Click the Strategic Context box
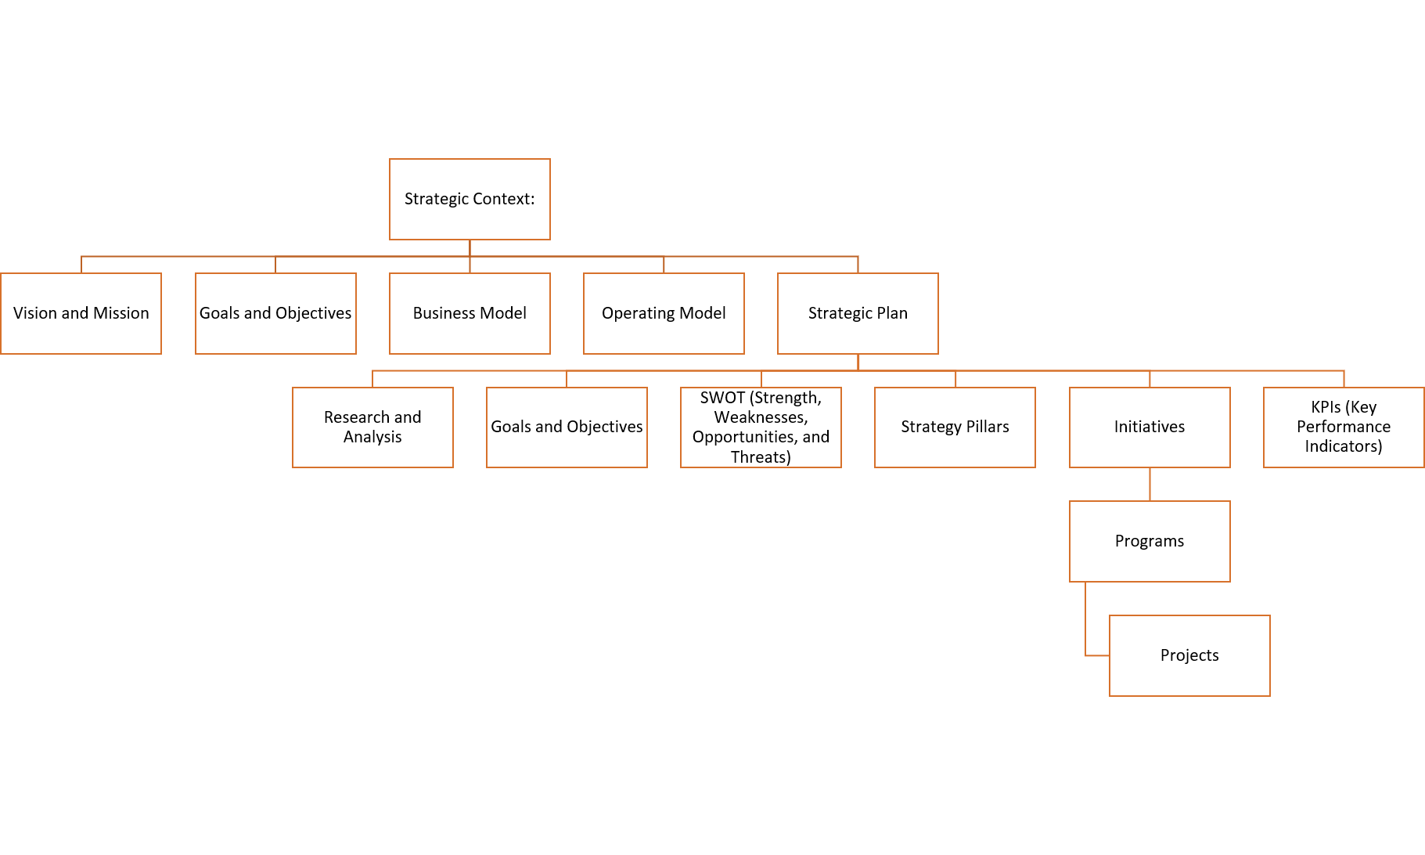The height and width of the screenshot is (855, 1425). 470,199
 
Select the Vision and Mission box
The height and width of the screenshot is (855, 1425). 81,313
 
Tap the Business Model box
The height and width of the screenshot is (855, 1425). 470,313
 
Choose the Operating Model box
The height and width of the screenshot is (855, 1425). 664,313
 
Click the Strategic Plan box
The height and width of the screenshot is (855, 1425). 858,313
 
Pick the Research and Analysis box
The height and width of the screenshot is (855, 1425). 372,427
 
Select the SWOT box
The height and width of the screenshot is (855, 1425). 761,427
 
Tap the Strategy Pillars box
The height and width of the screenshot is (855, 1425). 955,427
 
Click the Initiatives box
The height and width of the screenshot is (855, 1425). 1150,427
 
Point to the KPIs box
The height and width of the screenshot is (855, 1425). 1344,427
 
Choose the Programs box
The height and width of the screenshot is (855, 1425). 1150,541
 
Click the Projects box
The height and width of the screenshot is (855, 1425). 1189,655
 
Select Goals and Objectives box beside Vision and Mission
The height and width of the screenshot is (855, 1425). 275,313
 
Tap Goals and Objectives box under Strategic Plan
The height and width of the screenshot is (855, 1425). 567,427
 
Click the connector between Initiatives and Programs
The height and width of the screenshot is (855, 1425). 1150,484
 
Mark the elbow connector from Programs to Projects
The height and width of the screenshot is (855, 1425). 1086,626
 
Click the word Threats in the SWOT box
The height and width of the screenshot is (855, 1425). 761,457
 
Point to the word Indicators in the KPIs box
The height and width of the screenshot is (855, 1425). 1343,446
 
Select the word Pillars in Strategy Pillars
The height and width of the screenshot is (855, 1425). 984,427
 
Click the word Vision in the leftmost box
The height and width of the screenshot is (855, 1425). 35,313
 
